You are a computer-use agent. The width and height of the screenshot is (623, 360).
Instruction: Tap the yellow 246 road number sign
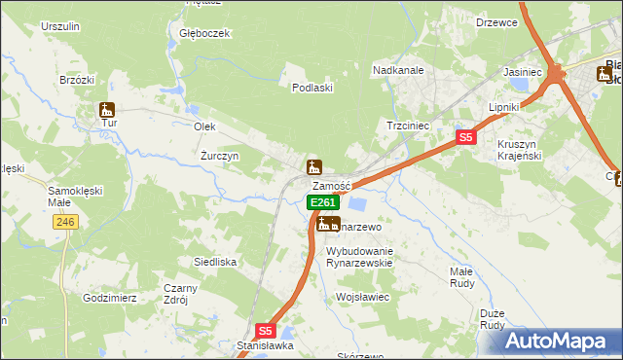click(65, 223)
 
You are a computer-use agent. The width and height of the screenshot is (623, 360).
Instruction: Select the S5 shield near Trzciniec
click(466, 138)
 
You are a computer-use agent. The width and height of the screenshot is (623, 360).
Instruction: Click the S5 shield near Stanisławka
click(267, 331)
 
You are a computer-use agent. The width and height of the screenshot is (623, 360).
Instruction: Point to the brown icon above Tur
click(107, 111)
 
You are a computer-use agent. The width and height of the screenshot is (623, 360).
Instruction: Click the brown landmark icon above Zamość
click(314, 167)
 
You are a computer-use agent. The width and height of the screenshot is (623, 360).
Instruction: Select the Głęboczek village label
click(204, 32)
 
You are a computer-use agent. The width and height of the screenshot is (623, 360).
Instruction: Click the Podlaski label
click(313, 87)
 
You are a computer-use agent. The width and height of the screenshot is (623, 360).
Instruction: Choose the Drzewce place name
click(495, 21)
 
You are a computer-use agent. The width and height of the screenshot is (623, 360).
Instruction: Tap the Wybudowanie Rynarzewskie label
click(358, 256)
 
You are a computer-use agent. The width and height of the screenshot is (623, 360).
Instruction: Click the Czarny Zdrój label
click(181, 294)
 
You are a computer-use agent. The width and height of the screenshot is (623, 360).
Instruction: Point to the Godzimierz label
click(109, 298)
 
